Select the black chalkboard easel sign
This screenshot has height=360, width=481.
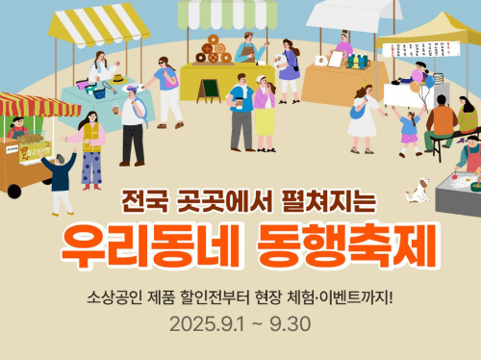pos(208,90)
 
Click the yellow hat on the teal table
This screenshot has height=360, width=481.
pos(117,78)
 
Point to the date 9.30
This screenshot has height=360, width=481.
pos(290,321)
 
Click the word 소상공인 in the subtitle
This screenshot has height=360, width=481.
pos(114,295)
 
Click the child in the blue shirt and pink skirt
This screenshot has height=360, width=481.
pos(409,126)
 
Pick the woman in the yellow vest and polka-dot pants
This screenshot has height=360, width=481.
pos(91,147)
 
